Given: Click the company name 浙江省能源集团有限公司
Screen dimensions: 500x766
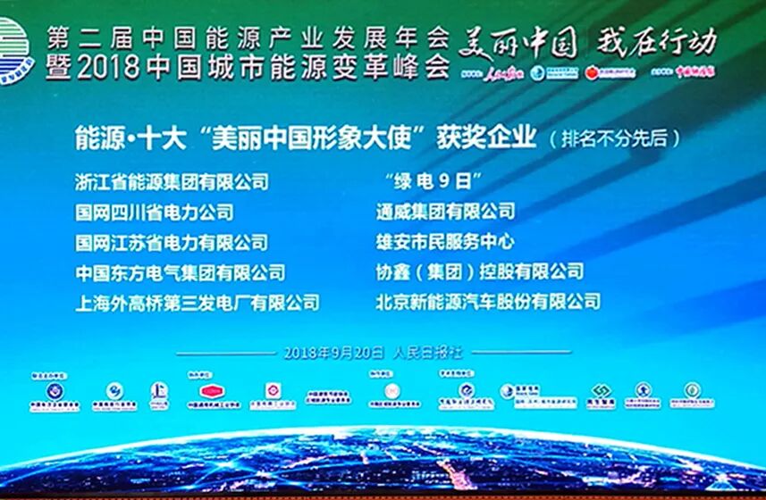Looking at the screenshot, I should point(172,181).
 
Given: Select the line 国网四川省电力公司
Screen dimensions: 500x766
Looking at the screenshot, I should point(155,212).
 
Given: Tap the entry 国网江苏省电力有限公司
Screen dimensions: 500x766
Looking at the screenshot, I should point(172,242).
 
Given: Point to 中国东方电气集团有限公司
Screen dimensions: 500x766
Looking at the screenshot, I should point(181,272).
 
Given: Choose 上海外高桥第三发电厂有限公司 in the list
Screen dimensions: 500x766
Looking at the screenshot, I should point(198,303).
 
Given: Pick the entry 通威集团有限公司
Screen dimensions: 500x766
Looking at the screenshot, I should point(446,212).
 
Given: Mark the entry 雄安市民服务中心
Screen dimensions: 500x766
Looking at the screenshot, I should point(446,242).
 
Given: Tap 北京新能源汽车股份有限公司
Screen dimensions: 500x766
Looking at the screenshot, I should point(489,303).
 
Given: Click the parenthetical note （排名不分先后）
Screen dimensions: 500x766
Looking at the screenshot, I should point(615,139).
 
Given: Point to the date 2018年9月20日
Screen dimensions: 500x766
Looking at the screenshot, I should point(333,352).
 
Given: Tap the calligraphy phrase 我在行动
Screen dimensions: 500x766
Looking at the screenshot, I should point(658,40).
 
